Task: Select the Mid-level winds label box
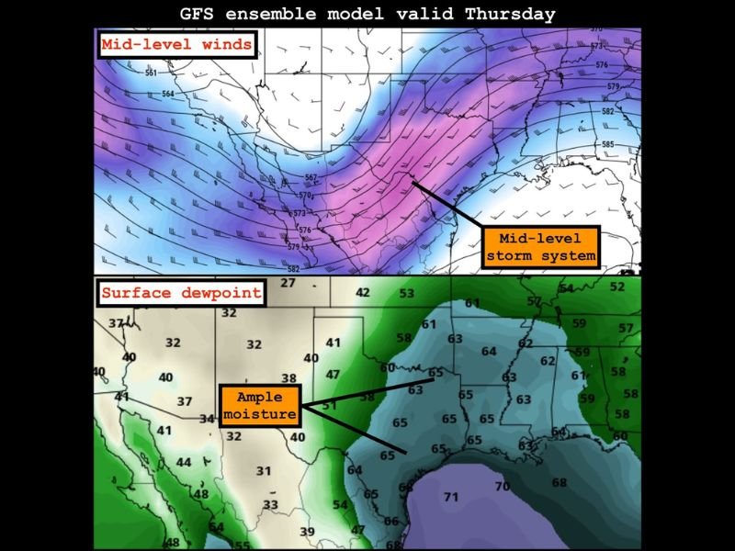point(176,44)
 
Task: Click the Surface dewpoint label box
point(180,294)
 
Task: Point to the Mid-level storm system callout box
point(541,246)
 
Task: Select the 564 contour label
point(168,95)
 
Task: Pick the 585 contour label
point(607,144)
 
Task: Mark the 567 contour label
point(311,177)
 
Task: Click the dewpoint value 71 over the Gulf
point(451,497)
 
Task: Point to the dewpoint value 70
point(502,486)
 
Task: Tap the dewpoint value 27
point(288,283)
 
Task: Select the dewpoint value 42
point(363,292)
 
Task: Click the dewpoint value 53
point(406,293)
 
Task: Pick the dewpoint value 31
point(264,471)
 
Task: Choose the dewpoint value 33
point(270,504)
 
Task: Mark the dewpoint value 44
point(184,462)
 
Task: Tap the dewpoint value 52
point(617,287)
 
